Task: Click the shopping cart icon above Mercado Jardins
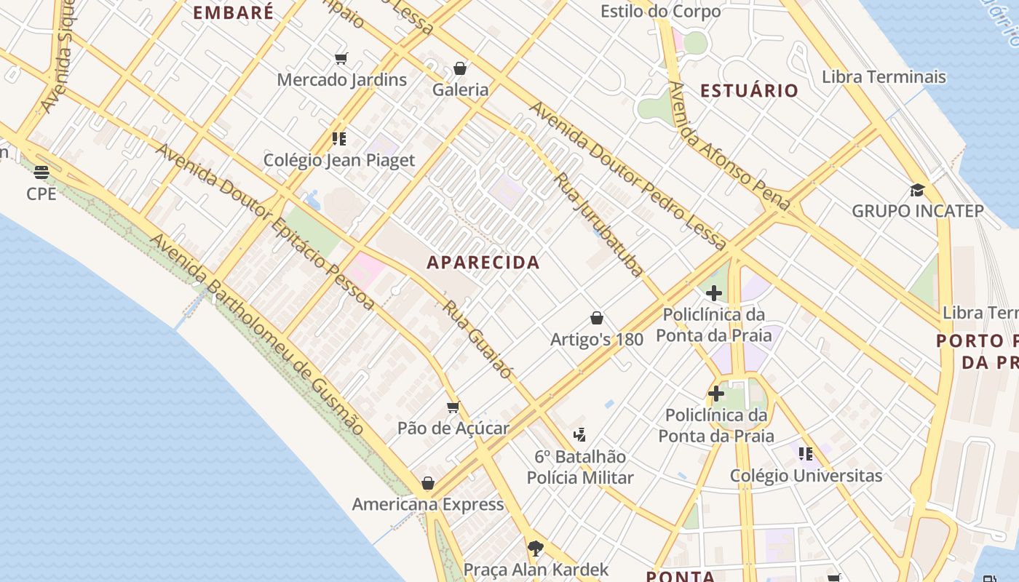[x=341, y=58]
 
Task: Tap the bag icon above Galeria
[x=460, y=68]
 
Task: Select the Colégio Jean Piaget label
[x=339, y=160]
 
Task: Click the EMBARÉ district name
[x=234, y=12]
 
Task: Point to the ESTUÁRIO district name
[x=750, y=91]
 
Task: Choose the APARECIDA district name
[x=483, y=263]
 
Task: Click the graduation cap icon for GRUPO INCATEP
[x=917, y=191]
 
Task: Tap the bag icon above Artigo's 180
[x=597, y=318]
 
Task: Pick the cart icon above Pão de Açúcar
[x=453, y=407]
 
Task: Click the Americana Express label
[x=428, y=504]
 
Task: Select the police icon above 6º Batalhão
[x=579, y=435]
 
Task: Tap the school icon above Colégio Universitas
[x=805, y=454]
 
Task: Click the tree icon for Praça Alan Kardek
[x=536, y=547]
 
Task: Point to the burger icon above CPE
[x=41, y=172]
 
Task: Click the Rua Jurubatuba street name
[x=599, y=224]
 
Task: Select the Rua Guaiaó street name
[x=477, y=339]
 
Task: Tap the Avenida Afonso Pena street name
[x=729, y=145]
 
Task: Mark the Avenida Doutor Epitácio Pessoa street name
[x=265, y=226]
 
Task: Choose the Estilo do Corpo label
[x=660, y=12]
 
